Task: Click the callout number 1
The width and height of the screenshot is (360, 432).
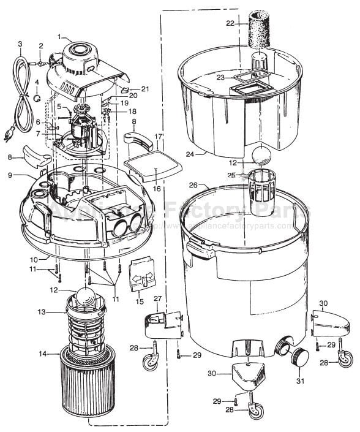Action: pos(60,36)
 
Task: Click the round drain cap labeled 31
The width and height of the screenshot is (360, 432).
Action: pos(299,357)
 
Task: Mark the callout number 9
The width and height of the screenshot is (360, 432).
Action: pos(10,175)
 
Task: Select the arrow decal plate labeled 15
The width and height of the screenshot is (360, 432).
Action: pos(142,274)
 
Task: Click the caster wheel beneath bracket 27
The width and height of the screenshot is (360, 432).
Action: pos(149,363)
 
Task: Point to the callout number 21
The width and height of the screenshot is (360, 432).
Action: pos(145,89)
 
